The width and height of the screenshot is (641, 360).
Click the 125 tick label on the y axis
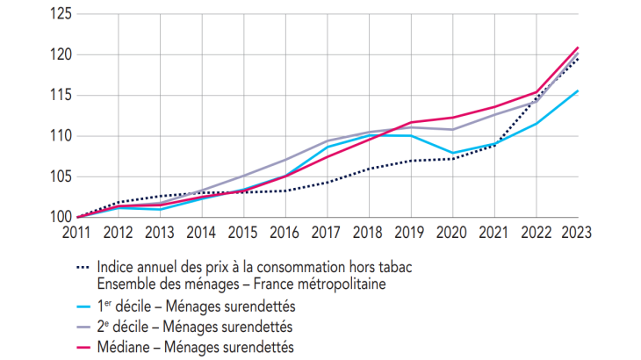[59, 14]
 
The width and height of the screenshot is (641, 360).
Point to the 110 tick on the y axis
[59, 136]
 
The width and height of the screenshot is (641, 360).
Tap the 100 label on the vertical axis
[59, 217]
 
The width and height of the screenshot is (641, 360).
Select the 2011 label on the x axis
[77, 234]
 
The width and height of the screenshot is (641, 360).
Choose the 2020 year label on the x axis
[452, 234]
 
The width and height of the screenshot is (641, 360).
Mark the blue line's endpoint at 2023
[577, 90]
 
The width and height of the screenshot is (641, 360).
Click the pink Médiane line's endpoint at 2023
[577, 47]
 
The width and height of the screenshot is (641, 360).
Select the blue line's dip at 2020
[452, 153]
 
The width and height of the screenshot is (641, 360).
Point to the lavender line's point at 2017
[328, 141]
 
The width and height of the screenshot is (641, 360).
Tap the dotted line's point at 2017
[328, 182]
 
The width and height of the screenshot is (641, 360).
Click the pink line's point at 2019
[411, 122]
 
